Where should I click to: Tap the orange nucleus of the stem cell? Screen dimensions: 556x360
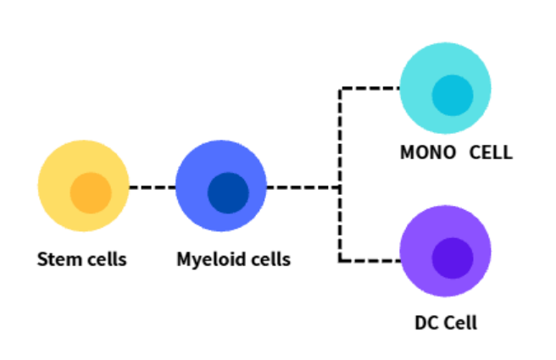[91, 193]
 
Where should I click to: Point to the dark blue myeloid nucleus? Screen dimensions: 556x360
[228, 193]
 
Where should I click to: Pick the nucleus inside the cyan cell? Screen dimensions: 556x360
[453, 96]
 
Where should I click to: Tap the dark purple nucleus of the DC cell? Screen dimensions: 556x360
[453, 258]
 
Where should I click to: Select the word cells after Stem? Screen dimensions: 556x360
[107, 259]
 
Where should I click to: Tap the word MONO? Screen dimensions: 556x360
[428, 152]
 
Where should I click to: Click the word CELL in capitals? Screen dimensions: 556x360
[491, 152]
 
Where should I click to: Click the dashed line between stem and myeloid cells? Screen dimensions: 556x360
[153, 187]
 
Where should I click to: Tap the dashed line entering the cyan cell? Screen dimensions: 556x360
[370, 88]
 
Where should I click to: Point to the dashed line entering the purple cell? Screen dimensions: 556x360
[370, 261]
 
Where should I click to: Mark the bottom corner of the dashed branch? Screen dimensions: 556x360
[340, 261]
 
